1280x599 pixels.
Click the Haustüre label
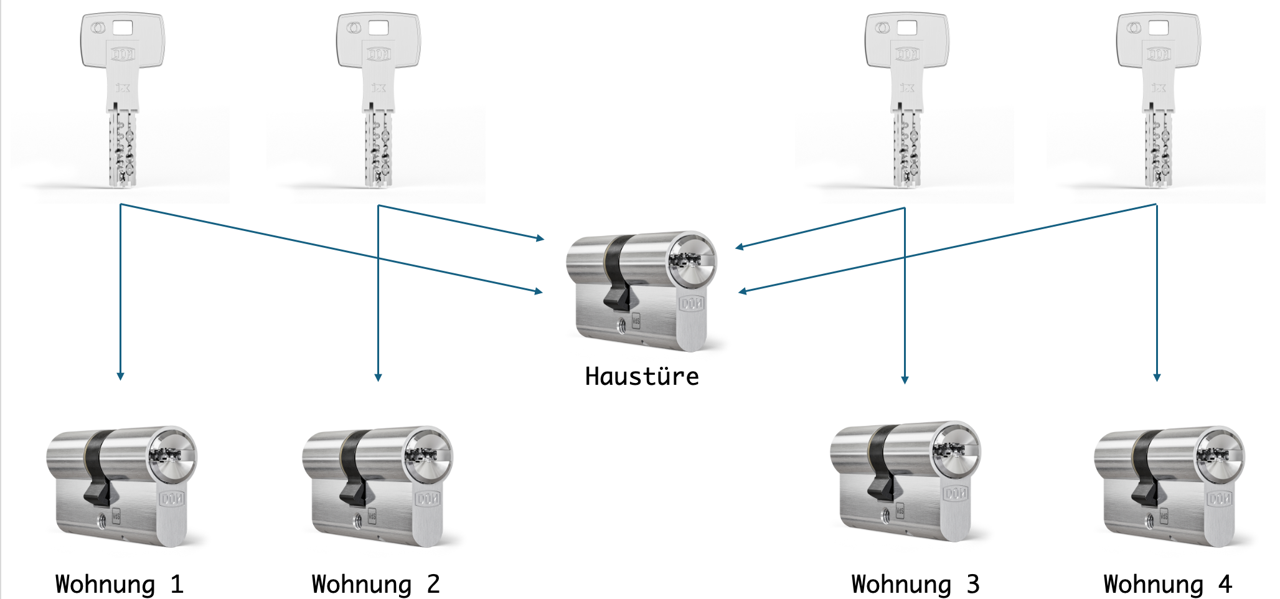[x=642, y=377]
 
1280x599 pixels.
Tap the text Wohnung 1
[x=120, y=584]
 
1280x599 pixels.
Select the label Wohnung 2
[x=375, y=584]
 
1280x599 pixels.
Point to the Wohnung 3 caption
[x=915, y=584]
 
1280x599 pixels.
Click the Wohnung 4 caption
[x=1167, y=584]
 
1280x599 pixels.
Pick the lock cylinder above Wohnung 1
[x=121, y=486]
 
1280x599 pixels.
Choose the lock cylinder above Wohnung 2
[x=377, y=486]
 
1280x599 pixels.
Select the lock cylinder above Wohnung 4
[x=1169, y=486]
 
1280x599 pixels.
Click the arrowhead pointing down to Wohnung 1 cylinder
[x=120, y=376]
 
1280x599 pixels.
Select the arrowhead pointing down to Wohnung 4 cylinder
[x=1157, y=377]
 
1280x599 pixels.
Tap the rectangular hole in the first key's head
[x=123, y=28]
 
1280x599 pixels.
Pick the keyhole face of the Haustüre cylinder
[x=692, y=260]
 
